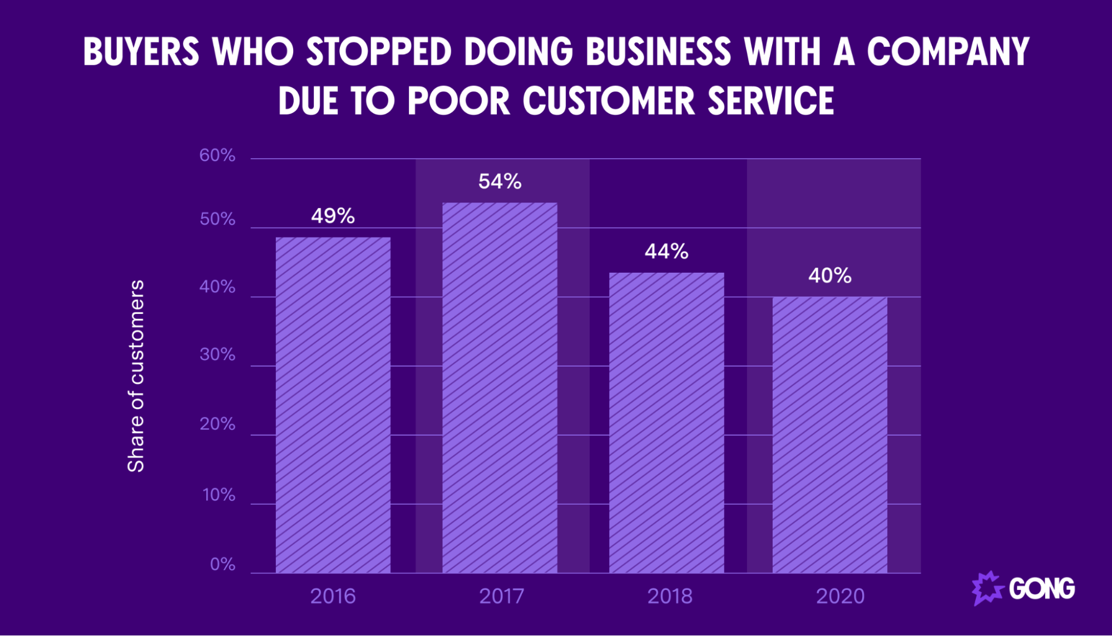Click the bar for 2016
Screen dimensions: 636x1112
(333, 405)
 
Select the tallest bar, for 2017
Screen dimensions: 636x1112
(500, 388)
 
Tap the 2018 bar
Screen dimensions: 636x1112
(666, 423)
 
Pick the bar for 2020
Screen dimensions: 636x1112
(829, 435)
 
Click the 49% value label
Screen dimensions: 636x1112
(333, 216)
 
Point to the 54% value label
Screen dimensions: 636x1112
(500, 181)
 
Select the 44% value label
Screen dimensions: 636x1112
(666, 252)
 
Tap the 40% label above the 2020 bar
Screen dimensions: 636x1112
(829, 275)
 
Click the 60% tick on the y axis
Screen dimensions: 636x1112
(217, 155)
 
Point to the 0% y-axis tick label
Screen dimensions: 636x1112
(223, 564)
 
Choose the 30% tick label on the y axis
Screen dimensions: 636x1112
(217, 354)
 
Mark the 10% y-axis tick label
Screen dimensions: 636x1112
(219, 495)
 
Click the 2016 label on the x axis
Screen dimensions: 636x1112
(333, 596)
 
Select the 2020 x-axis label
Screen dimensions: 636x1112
(840, 596)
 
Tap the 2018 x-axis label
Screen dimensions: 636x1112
(670, 596)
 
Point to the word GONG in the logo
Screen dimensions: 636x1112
(1041, 589)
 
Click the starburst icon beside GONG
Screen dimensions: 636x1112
(987, 588)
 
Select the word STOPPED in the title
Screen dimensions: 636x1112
(378, 52)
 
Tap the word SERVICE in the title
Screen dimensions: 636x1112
(770, 101)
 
